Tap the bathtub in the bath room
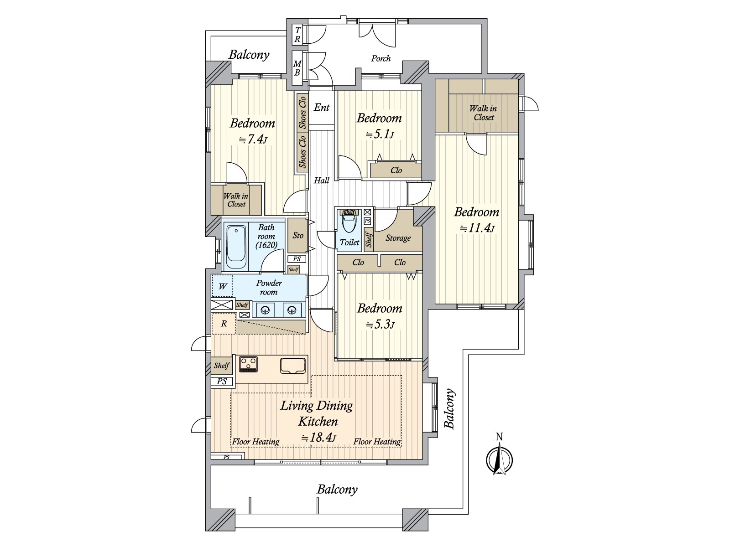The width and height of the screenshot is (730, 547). [x=236, y=247]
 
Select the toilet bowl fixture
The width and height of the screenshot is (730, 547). [x=349, y=224]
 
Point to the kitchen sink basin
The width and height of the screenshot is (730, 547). [x=292, y=366]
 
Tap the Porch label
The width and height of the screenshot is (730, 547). [x=381, y=58]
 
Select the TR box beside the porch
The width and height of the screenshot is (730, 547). [x=297, y=35]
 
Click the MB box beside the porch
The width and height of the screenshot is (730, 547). [x=297, y=68]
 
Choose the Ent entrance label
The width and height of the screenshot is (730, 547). [x=322, y=108]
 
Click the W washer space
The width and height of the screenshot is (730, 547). [x=223, y=287]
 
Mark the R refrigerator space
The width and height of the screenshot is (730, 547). [x=224, y=324]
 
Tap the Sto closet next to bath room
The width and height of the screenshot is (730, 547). [x=298, y=236]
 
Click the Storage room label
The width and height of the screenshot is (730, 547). [x=398, y=238]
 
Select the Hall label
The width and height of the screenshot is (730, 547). [x=322, y=181]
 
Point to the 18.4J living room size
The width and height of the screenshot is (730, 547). [x=319, y=438]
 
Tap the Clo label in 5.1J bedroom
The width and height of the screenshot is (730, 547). [x=396, y=170]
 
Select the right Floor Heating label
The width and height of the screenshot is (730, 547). [x=377, y=441]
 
